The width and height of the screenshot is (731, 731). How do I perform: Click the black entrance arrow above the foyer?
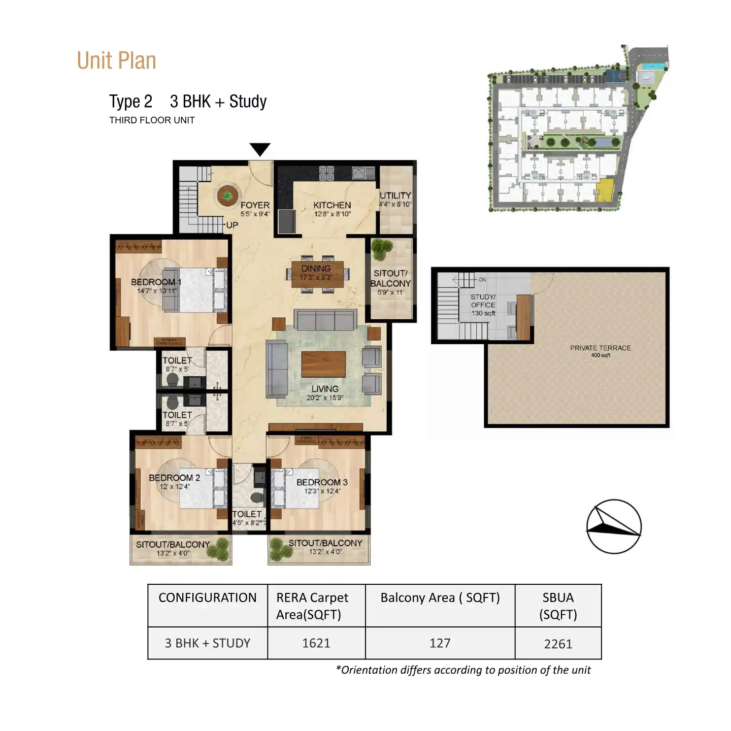coord(260,149)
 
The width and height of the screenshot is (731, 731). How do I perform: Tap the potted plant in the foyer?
coord(227,195)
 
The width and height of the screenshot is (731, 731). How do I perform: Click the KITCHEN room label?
coord(332,205)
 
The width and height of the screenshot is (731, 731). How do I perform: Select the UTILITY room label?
coord(395,195)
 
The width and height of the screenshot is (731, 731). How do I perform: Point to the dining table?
coord(317,274)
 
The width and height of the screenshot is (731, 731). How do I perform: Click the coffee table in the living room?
coord(323,364)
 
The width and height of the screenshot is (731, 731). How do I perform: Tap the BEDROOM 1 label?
coord(156,282)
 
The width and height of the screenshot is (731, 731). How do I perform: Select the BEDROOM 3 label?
coord(322,482)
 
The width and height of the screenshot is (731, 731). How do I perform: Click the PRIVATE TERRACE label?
coord(600,348)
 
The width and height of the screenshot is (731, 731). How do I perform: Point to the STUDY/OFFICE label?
coord(483,301)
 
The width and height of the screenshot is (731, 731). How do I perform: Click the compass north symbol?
coord(614,526)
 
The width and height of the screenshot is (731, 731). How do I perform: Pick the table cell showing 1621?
coord(316,643)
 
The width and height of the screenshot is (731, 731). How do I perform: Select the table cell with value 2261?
coord(558,644)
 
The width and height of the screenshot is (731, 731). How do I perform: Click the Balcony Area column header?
coord(440,598)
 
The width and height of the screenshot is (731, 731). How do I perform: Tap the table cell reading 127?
coord(440,643)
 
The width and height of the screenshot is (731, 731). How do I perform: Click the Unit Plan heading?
coord(116,61)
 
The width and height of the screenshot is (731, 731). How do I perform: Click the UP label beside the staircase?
coord(232,225)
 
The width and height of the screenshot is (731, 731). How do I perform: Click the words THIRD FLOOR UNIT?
coord(152,120)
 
